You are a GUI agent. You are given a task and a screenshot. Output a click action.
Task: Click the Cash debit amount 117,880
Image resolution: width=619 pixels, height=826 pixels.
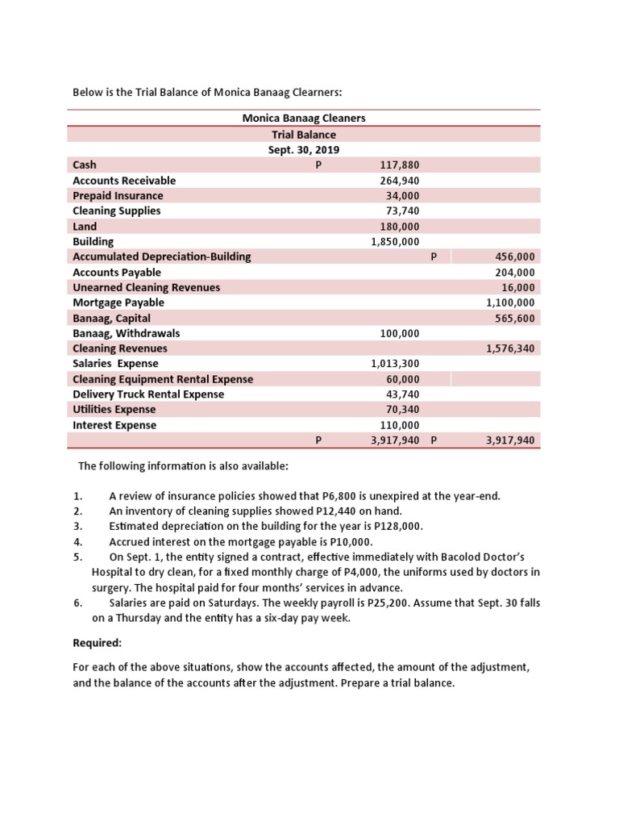pos(399,165)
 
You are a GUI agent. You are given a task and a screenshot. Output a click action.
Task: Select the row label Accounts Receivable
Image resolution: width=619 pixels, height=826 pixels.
pos(124,180)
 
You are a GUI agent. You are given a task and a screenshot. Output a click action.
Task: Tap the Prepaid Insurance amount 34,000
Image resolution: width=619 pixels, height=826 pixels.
pos(402,195)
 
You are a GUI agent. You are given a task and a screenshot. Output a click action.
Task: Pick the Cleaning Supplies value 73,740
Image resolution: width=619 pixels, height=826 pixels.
pos(402,211)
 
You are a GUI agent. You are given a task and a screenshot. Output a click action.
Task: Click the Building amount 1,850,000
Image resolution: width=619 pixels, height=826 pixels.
pos(395,241)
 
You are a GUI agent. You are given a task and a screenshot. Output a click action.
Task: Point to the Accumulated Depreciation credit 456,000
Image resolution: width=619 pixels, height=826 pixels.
pos(514,257)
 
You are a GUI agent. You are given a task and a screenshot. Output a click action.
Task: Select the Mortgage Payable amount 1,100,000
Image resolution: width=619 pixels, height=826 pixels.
pos(510,302)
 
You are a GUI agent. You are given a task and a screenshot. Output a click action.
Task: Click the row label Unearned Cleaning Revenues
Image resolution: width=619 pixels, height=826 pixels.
pos(146,287)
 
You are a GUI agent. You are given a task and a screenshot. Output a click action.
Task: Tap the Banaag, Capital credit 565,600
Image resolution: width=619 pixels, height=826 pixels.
pos(514,318)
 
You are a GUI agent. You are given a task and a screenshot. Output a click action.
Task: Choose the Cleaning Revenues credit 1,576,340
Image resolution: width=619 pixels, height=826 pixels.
pos(510,348)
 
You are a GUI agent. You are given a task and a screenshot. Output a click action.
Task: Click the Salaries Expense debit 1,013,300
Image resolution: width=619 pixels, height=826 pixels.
pos(395,364)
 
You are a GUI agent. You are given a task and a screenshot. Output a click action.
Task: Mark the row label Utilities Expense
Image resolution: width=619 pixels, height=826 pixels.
pos(114,410)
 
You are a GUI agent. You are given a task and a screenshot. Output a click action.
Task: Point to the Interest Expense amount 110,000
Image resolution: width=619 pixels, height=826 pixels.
pos(399,425)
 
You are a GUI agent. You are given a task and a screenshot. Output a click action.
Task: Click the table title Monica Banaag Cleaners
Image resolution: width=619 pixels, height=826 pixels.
pos(304,118)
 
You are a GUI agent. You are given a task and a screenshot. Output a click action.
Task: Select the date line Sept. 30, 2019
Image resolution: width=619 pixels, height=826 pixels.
pos(304,150)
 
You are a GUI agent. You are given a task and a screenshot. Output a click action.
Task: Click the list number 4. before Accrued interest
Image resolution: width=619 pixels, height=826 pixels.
pos(78,541)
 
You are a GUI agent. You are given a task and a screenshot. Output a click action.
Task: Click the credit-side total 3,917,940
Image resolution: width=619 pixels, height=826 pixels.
pos(510,440)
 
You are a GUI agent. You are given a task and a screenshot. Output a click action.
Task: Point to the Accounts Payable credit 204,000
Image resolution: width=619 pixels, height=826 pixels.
pos(514,272)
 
